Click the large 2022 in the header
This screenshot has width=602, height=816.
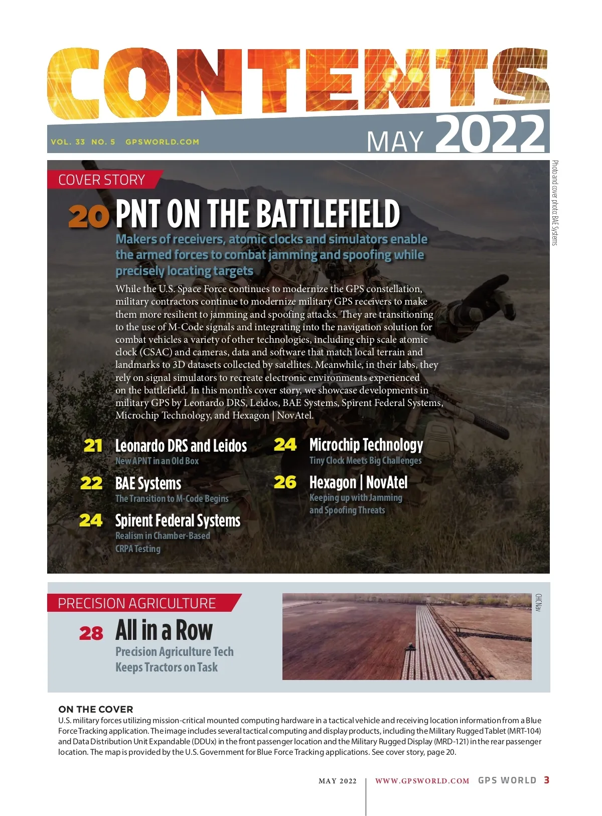click(x=490, y=134)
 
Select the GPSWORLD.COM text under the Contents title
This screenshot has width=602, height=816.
click(x=162, y=142)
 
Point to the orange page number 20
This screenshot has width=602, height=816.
click(x=89, y=216)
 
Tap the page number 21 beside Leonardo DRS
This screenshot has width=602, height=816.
click(x=93, y=445)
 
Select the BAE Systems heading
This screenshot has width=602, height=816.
click(x=148, y=483)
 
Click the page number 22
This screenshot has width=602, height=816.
click(x=91, y=483)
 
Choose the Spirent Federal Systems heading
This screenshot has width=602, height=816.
click(x=178, y=520)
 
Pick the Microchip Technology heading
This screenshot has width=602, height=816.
click(x=366, y=445)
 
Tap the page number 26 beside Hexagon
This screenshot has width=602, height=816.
click(x=285, y=482)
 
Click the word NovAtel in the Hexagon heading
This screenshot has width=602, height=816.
click(x=387, y=482)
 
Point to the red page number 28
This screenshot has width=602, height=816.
click(x=91, y=633)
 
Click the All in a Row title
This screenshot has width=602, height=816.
click(x=164, y=630)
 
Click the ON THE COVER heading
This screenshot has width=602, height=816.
click(x=96, y=709)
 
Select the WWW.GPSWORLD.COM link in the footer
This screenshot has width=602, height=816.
click(x=422, y=781)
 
